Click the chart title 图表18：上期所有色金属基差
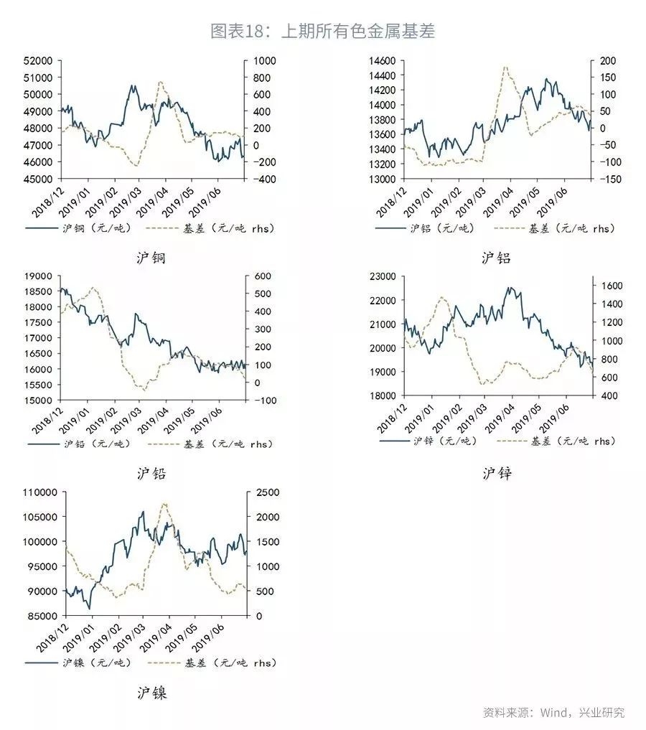[x=322, y=31]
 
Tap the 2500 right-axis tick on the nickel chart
[x=265, y=492]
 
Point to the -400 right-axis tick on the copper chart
[x=263, y=179]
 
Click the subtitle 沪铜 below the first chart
[x=151, y=258]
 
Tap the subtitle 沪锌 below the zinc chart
[x=497, y=473]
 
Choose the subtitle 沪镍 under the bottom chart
[x=151, y=693]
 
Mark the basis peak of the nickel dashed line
[x=164, y=504]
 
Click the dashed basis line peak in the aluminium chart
[x=506, y=67]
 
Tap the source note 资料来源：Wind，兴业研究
[x=553, y=713]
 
